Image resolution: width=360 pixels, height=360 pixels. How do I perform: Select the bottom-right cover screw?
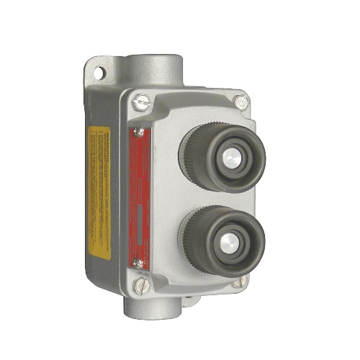point(245,280)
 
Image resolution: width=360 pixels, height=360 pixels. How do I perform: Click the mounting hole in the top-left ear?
point(96,74)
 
